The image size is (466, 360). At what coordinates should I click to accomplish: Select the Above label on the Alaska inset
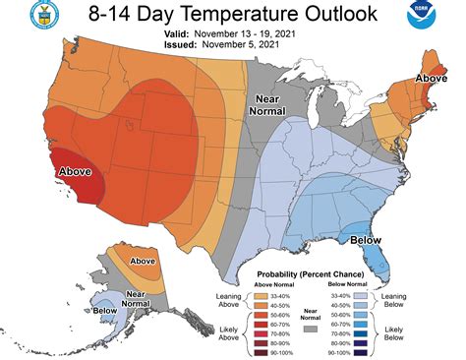pos(144,261)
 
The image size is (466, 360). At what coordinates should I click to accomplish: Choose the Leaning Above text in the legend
pos(227,300)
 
